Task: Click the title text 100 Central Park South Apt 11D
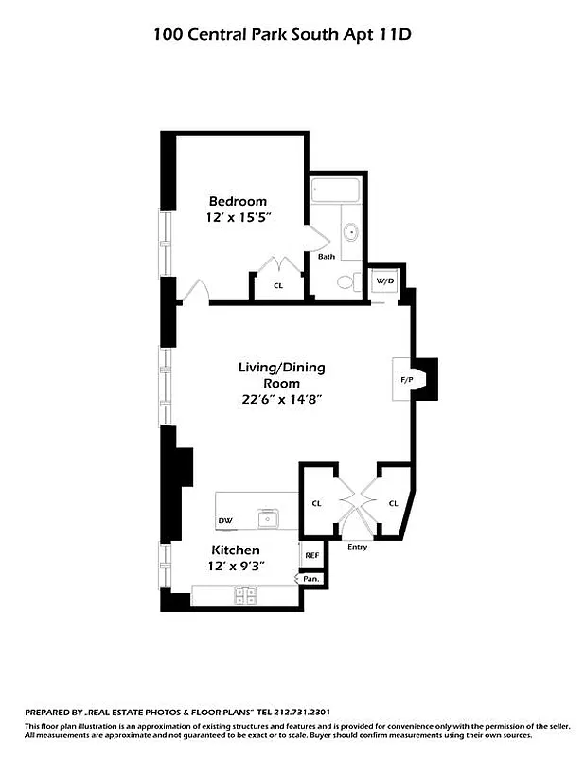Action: [284, 35]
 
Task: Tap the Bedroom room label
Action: [238, 201]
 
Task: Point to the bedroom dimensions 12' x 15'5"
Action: [238, 217]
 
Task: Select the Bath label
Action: [326, 257]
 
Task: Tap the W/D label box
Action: [384, 281]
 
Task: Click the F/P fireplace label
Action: [407, 380]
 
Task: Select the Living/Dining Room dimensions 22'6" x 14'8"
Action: [282, 399]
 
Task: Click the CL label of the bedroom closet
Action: [278, 285]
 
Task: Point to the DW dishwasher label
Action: [225, 521]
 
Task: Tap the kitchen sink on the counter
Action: [269, 518]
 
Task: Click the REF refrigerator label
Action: [311, 556]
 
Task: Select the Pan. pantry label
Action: [310, 577]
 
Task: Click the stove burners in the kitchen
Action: [246, 596]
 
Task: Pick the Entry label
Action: [357, 547]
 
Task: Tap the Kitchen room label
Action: [236, 550]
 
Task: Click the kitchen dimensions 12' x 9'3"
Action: [236, 566]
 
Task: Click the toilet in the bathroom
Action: [346, 281]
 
